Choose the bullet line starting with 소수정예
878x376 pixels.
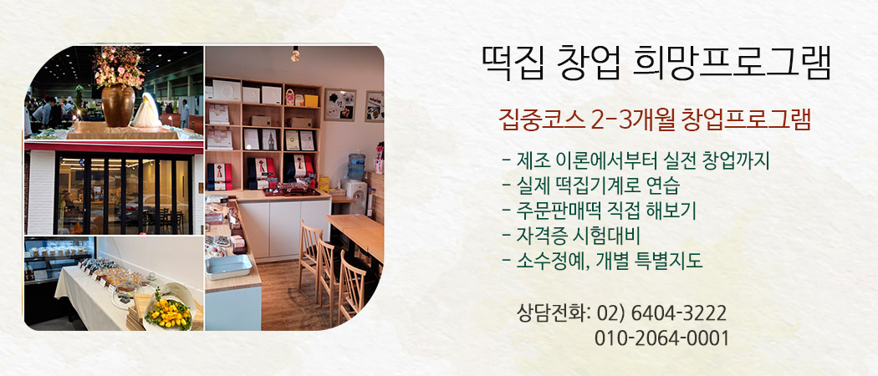tap(603, 261)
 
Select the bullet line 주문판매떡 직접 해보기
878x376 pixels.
tap(600, 211)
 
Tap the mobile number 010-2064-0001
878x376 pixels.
tap(662, 338)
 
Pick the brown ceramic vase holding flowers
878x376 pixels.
tap(118, 104)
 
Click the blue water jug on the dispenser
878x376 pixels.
tap(356, 166)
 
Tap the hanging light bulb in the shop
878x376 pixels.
tap(295, 54)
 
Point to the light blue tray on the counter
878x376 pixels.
tap(228, 267)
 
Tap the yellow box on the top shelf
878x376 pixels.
tap(312, 101)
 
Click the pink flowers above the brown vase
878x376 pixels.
tap(120, 65)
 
